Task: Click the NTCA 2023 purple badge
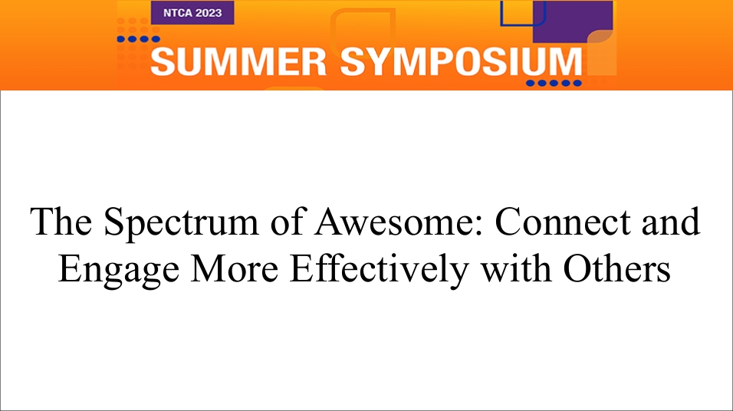[x=192, y=12]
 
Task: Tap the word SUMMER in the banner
[x=238, y=61]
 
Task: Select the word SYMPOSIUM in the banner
[x=461, y=61]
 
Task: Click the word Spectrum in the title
[x=181, y=222]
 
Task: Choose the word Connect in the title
[x=562, y=222]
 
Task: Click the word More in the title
[x=235, y=269]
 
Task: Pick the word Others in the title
[x=617, y=269]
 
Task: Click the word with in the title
[x=516, y=268]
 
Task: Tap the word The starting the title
[x=61, y=222]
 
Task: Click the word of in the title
[x=287, y=222]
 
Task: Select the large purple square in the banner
[x=573, y=21]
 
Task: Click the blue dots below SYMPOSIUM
[x=554, y=84]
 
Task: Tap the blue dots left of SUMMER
[x=138, y=39]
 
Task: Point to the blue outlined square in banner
[x=523, y=14]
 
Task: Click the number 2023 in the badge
[x=209, y=13]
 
